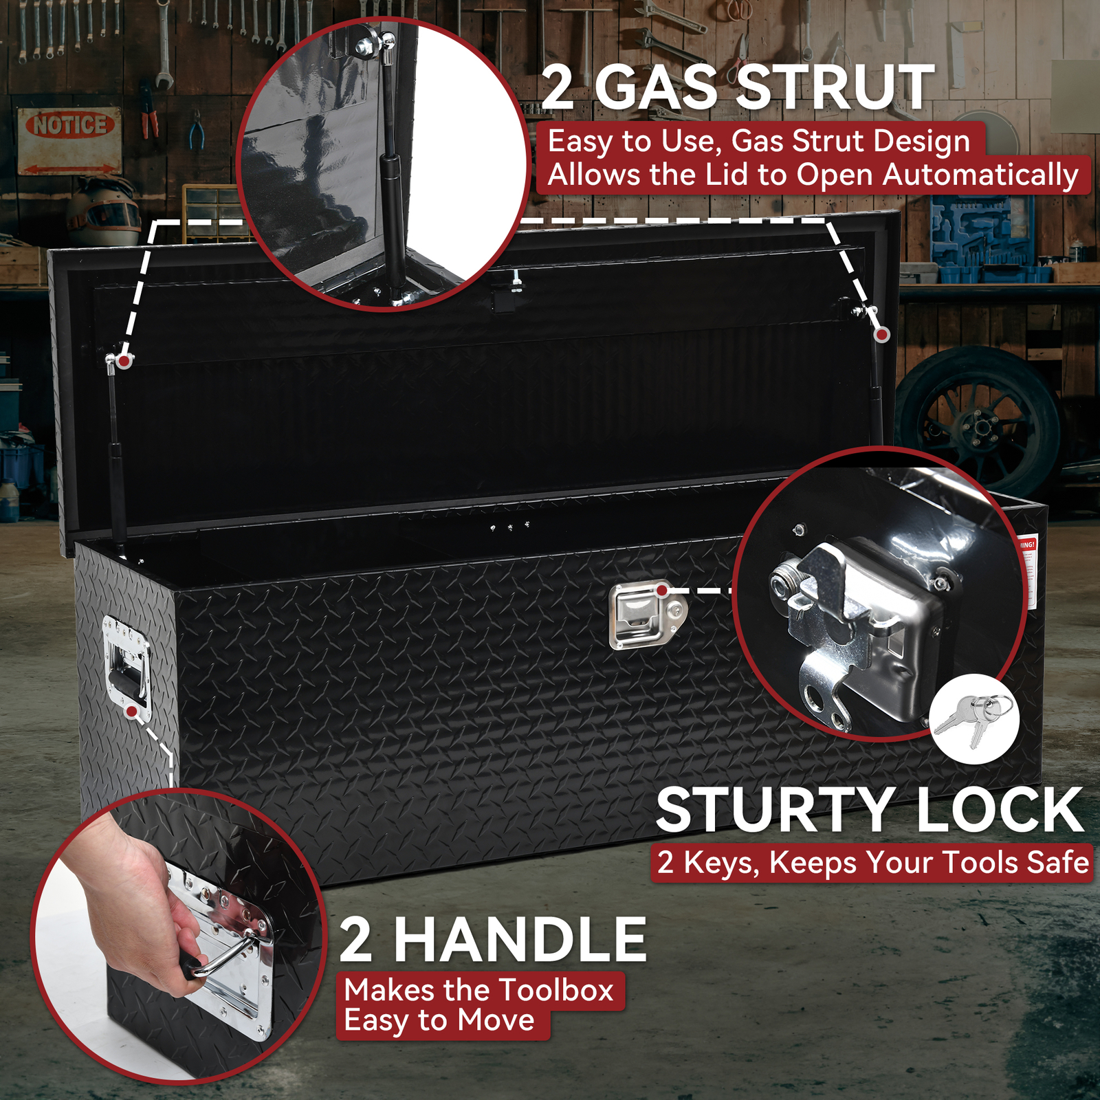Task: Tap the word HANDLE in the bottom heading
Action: pos(520,940)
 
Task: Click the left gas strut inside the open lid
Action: pos(116,454)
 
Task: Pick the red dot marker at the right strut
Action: pos(882,335)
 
